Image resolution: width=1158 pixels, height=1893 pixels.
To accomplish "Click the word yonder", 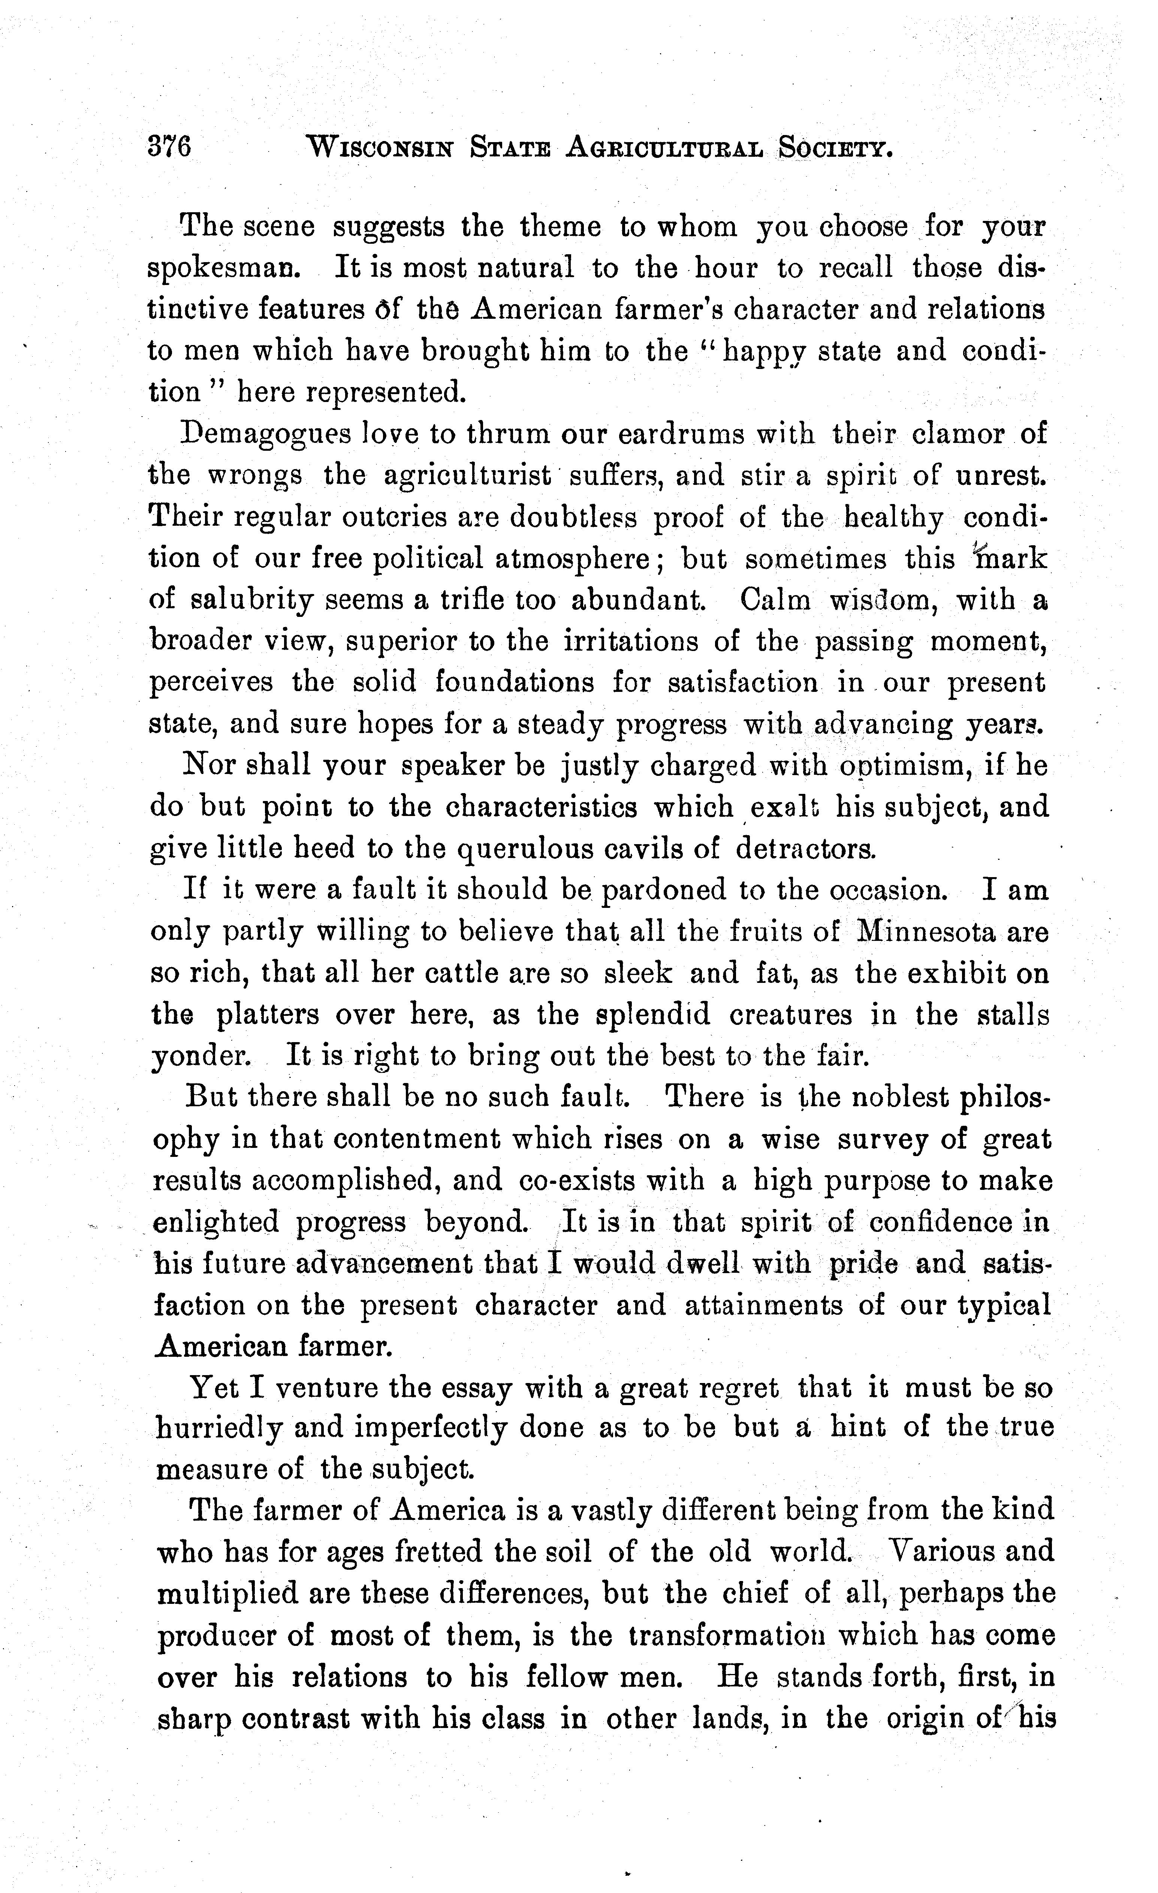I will (201, 1057).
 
